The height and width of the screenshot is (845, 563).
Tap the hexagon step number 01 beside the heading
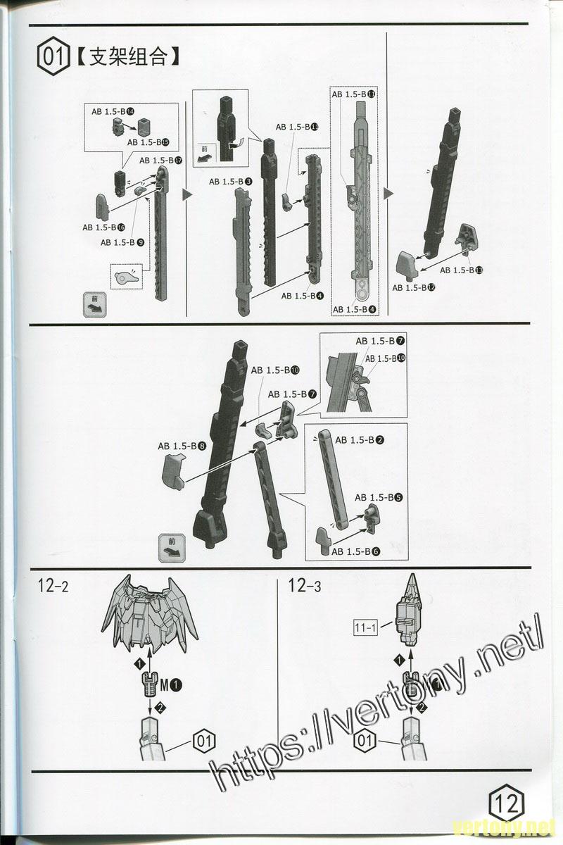click(x=54, y=56)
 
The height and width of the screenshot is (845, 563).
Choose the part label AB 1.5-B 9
click(x=122, y=242)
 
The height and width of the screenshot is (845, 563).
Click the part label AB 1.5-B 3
click(x=231, y=182)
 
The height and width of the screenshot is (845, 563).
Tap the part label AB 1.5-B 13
click(x=461, y=270)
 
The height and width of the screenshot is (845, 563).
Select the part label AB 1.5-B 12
click(x=414, y=287)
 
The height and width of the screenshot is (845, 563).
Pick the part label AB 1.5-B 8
click(x=182, y=446)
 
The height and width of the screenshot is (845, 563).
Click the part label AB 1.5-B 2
click(x=359, y=440)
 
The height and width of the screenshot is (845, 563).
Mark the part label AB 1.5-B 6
click(x=355, y=551)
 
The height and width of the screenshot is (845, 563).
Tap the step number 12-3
click(x=304, y=585)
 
